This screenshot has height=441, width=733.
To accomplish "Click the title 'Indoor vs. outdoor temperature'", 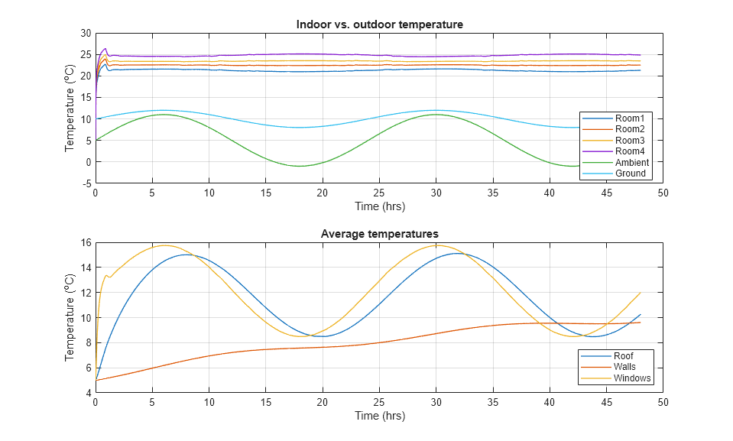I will tap(379, 24).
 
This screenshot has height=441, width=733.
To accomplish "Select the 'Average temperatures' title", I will tap(379, 234).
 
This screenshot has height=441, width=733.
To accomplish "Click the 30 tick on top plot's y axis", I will tap(86, 33).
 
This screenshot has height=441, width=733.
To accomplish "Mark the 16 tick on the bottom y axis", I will tap(86, 242).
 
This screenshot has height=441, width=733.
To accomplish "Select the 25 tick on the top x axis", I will tap(379, 193).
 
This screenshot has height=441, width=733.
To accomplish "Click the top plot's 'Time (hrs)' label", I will tap(379, 206).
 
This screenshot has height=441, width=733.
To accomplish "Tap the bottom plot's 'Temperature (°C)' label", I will tap(70, 317).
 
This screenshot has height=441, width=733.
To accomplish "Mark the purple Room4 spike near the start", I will tap(105, 48).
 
